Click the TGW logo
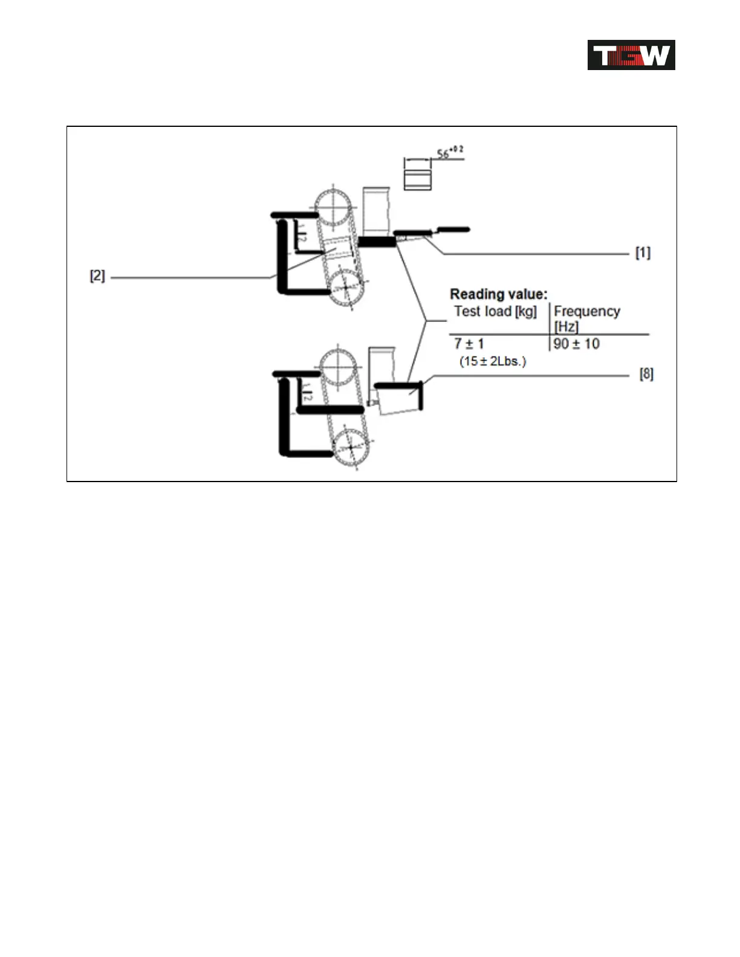[x=631, y=55]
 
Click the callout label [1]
[x=643, y=253]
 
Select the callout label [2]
[x=97, y=276]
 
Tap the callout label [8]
[x=646, y=375]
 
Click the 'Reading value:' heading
[x=498, y=294]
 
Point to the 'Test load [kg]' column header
[x=495, y=312]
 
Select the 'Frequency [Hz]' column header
[x=586, y=318]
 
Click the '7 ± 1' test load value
[x=469, y=344]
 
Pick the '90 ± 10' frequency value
[x=576, y=344]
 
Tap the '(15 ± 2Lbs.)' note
[x=493, y=361]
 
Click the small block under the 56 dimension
[x=417, y=180]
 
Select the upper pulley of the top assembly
[x=333, y=208]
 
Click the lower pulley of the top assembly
[x=345, y=288]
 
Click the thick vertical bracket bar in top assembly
[x=281, y=257]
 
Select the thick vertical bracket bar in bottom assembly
[x=283, y=417]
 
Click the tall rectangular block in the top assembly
[x=375, y=210]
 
